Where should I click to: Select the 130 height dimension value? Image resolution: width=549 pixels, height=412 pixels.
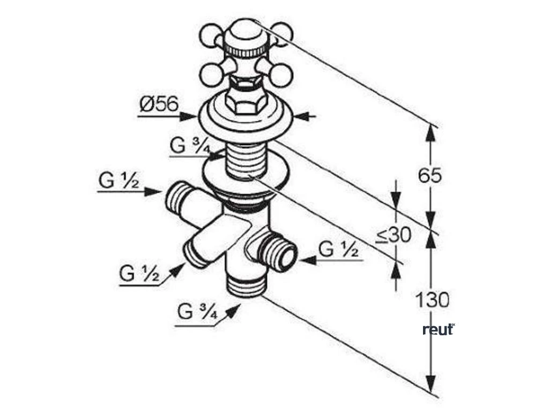click(x=432, y=300)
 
